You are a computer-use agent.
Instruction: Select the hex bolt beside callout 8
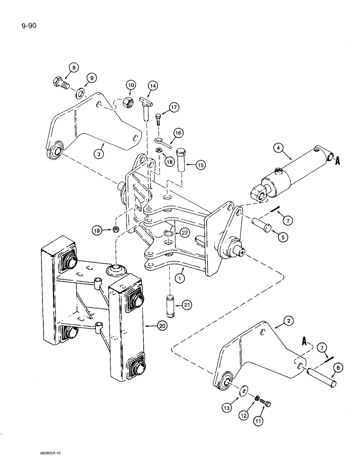(x=65, y=85)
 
